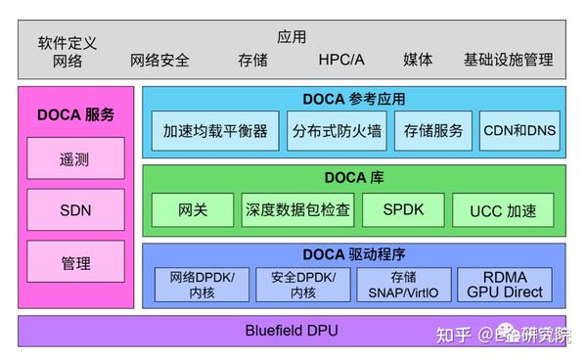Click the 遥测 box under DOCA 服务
(76, 158)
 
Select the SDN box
(76, 210)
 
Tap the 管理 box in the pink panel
(76, 263)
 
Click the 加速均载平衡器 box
(215, 130)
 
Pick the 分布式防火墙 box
(336, 130)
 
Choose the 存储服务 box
(433, 130)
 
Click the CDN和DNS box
(519, 130)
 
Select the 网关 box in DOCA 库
(193, 209)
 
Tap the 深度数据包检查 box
(297, 209)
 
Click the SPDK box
(403, 209)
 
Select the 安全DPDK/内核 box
(303, 284)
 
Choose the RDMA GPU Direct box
(504, 284)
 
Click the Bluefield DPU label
(291, 331)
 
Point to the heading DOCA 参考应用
(353, 99)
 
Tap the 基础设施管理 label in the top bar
(509, 60)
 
